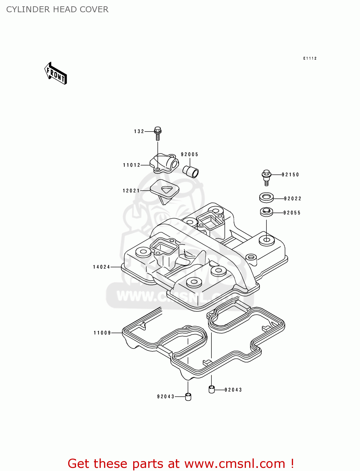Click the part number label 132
coord(139,131)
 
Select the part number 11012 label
coord(132,165)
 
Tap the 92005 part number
coord(189,154)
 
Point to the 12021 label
coord(131,191)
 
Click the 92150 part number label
coord(290,175)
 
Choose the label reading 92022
coord(292,198)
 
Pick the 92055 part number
coord(292,213)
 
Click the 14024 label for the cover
coord(101,267)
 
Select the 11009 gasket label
coord(102,333)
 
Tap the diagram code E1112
coord(310,58)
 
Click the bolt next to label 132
coord(158,134)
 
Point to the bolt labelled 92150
coord(266,177)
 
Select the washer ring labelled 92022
coord(266,198)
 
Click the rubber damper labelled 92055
coord(266,212)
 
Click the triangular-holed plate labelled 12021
coord(165,189)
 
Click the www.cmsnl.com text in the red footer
coord(235,463)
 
